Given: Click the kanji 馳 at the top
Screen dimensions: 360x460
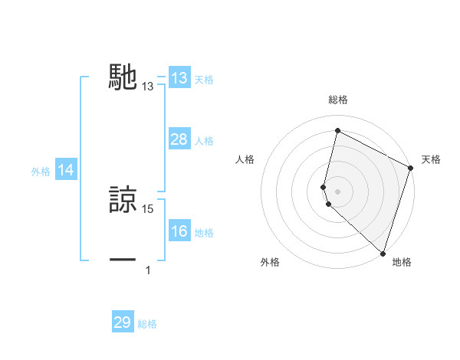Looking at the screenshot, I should coord(123,77).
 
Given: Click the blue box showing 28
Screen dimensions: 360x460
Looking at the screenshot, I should coord(179,139).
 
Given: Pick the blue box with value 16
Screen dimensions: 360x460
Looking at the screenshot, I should coord(179,231).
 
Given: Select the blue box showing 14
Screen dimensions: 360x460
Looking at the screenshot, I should coord(66,171).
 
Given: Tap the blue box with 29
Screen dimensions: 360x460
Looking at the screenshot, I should coord(123,322).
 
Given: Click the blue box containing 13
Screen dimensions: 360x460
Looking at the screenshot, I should coord(179,78).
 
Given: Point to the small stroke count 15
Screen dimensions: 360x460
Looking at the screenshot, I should coord(148,209).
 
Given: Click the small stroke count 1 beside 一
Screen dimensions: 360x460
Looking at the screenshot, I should coord(148,270).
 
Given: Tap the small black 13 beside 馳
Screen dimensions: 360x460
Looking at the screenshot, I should coord(148,87).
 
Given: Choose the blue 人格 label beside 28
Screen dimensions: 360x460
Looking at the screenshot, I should coord(204,141).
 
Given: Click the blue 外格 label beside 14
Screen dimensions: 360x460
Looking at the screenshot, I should coord(41,172).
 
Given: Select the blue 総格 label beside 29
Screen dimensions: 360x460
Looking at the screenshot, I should coord(147,324).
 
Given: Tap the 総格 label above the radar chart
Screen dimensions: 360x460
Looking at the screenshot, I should coord(337,100).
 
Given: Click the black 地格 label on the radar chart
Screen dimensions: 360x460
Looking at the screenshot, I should coord(402,262).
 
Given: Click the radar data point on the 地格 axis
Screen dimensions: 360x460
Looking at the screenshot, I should coord(383,253).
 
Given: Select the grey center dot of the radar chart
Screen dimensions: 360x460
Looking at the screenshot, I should coord(337,191).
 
